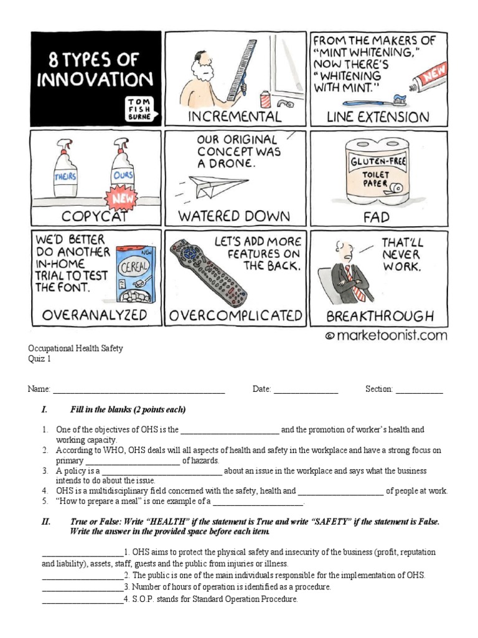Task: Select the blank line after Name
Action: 138,390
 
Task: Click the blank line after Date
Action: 306,390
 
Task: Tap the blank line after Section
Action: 419,390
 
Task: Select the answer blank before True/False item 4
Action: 82,600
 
